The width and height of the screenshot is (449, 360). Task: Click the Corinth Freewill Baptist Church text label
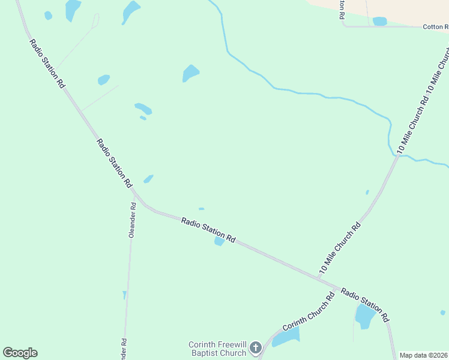pos(217,349)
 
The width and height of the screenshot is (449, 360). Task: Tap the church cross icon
pos(256,347)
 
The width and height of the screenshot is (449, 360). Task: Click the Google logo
pos(20,353)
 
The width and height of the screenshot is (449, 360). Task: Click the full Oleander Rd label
pos(132,220)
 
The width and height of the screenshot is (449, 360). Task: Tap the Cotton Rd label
pos(435,27)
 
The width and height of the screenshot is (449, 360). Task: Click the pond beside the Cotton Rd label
pos(380,22)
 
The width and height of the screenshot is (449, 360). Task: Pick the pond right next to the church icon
pos(286,338)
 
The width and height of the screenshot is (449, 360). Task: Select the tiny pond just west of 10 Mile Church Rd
pos(367,192)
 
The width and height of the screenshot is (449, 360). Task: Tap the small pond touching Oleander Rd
pos(124,295)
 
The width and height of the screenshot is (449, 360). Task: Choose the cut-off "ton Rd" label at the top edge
pos(342,10)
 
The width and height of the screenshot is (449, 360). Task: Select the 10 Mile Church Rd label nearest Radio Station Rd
pos(340,248)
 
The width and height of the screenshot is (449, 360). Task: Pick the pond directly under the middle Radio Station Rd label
pos(219,241)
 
